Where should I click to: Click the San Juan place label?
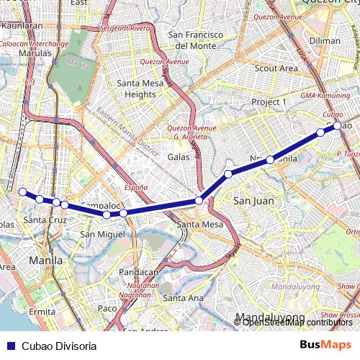click(253, 201)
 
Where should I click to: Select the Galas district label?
click(179, 156)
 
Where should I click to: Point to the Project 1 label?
click(269, 103)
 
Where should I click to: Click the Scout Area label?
click(276, 68)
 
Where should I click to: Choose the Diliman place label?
click(324, 41)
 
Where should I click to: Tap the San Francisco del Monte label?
click(192, 40)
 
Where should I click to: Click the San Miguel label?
click(96, 234)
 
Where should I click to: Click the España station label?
click(135, 187)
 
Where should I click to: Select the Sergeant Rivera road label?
click(125, 27)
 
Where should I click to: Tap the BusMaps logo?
click(325, 345)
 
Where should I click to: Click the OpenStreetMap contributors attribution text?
click(297, 322)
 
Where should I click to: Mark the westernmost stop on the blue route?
click(22, 192)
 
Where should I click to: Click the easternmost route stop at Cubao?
click(337, 126)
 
